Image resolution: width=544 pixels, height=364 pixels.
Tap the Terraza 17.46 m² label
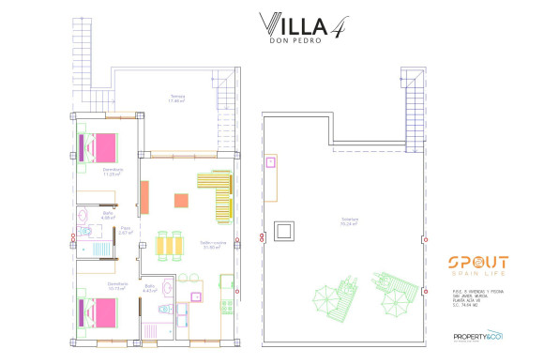pos(177,99)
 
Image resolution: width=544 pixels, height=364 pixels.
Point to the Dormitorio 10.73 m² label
pos(117,286)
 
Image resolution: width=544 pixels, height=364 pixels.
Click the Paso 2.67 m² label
pos(125,230)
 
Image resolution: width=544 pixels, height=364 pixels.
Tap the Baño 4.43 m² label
pos(150,289)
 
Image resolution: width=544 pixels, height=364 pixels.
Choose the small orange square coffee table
pos(180,199)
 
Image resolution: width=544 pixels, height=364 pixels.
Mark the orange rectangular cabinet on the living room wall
pos(145,196)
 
